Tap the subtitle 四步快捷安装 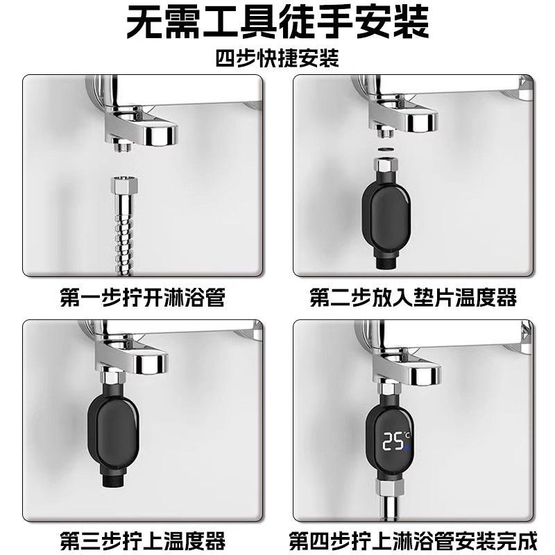click(x=277, y=59)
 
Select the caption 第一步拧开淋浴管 click(x=143, y=298)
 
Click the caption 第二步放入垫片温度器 click(x=413, y=298)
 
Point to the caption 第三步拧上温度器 click(x=143, y=539)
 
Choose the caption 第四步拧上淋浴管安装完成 click(x=413, y=539)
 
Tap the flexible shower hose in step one click(x=123, y=229)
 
